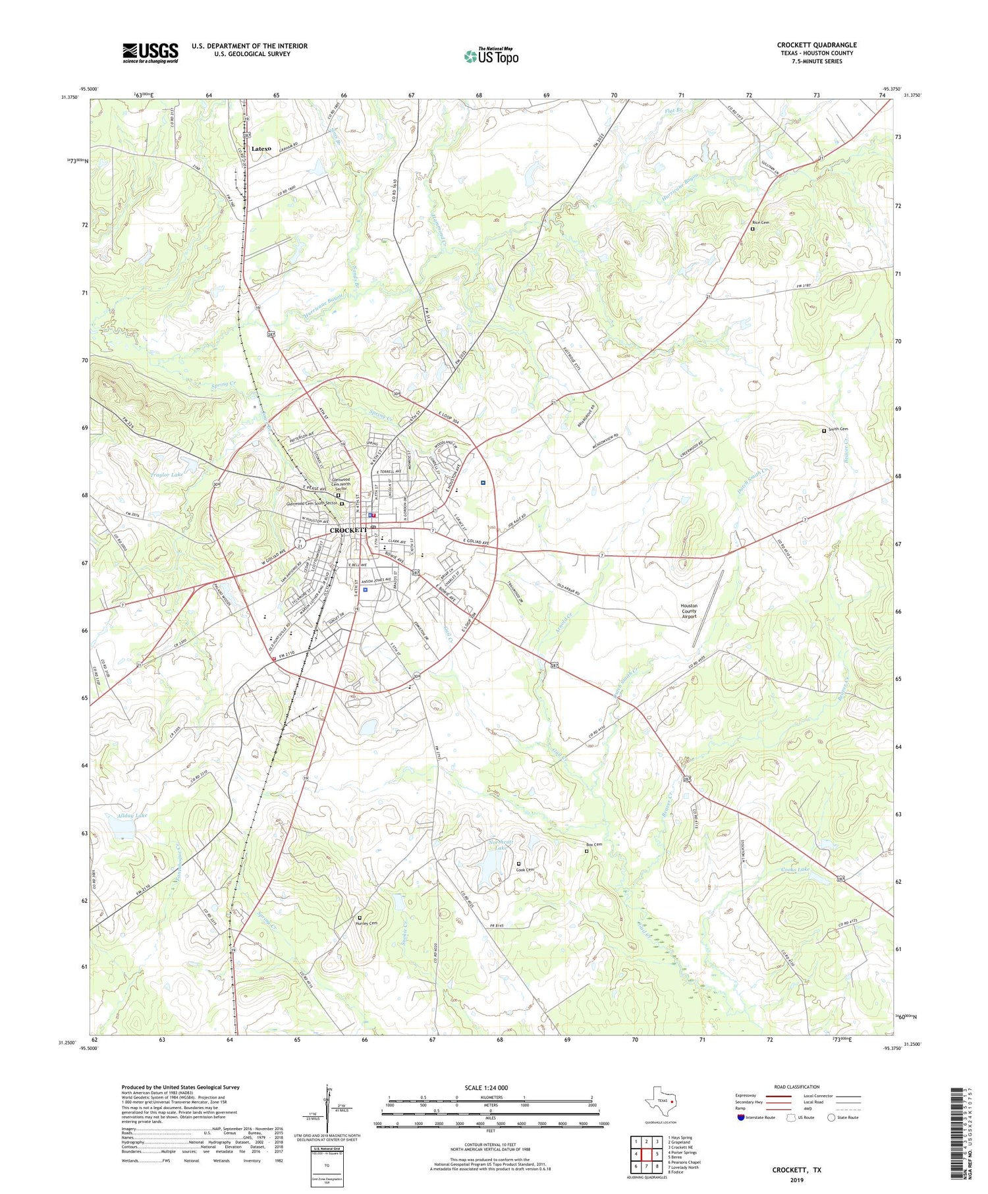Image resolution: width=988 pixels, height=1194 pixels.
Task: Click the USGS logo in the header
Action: point(150,53)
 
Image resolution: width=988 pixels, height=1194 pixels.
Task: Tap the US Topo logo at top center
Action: point(491,57)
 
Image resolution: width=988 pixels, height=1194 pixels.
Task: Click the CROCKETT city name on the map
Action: point(348,530)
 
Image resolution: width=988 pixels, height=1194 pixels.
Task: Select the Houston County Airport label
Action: point(689,611)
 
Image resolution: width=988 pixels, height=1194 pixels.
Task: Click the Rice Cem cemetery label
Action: point(761,223)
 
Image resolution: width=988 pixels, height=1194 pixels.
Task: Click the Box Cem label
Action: point(593,844)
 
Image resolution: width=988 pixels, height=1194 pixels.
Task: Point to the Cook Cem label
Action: point(525,870)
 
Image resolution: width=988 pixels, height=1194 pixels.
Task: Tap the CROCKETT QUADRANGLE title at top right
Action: point(817,45)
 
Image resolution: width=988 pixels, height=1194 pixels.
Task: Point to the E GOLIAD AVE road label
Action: point(475,541)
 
